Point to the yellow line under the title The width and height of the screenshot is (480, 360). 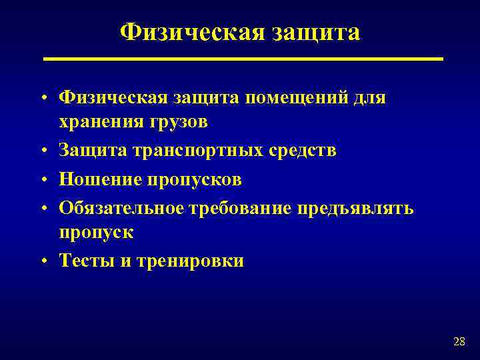pos(243,59)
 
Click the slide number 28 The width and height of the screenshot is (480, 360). pos(459,342)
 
